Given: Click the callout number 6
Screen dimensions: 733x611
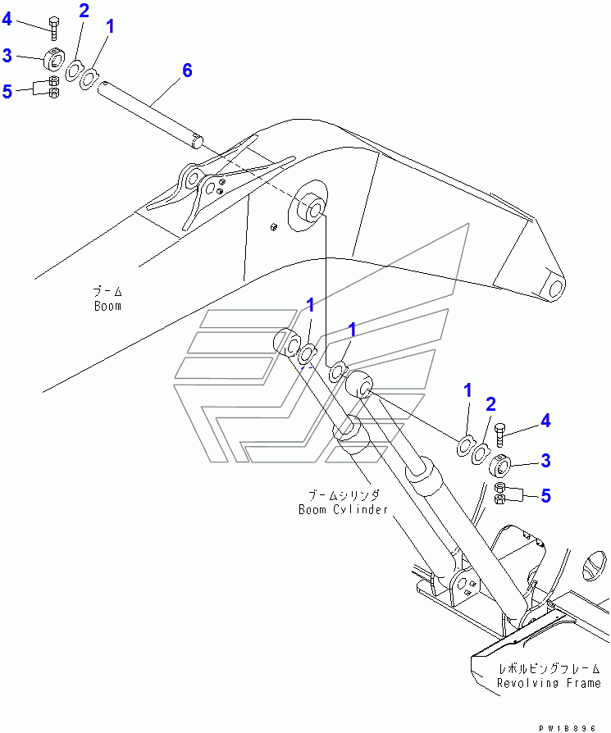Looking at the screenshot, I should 187,71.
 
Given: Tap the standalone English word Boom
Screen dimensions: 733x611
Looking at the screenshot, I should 107,306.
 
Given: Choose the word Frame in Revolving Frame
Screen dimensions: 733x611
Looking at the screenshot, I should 582,683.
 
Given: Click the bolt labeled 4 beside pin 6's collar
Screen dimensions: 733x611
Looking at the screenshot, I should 53,29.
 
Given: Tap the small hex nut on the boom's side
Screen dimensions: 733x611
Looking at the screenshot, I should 274,225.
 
